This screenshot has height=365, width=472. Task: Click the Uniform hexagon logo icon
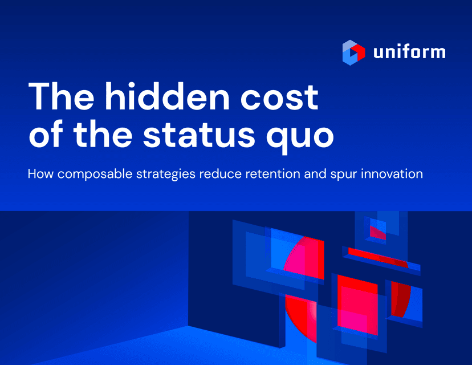pos(353,52)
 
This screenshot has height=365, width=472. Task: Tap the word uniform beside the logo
pos(409,52)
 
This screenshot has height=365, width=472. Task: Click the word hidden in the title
pos(167,96)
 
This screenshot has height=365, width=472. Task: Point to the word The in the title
pos(61,96)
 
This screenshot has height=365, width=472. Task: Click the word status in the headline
pos(199,135)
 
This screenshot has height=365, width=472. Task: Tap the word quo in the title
pos(300,137)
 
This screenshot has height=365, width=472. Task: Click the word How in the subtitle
pos(40,174)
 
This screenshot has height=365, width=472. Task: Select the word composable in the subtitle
pos(95,175)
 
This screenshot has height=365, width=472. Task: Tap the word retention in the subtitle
pos(272,174)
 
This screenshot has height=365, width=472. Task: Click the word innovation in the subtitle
pos(392,174)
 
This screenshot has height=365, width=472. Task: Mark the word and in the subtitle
pos(315,174)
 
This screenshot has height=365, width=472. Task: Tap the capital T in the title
pos(40,96)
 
